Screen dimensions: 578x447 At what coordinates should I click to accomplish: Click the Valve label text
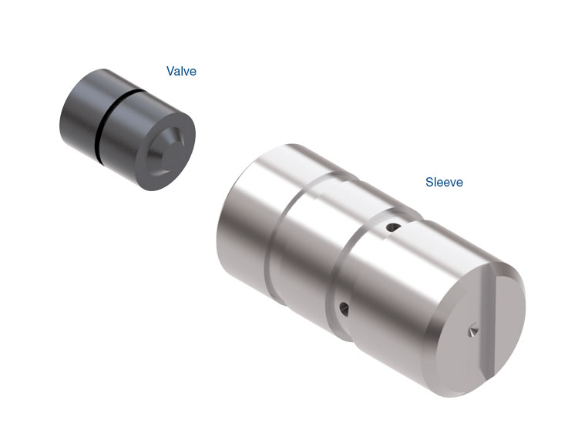[181, 71]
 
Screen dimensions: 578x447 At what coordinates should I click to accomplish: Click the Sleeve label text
[444, 182]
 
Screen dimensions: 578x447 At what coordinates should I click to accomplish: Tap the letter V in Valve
[170, 71]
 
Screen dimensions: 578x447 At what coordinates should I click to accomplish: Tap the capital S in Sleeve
[429, 182]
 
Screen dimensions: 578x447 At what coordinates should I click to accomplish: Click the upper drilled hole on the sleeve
[393, 227]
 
